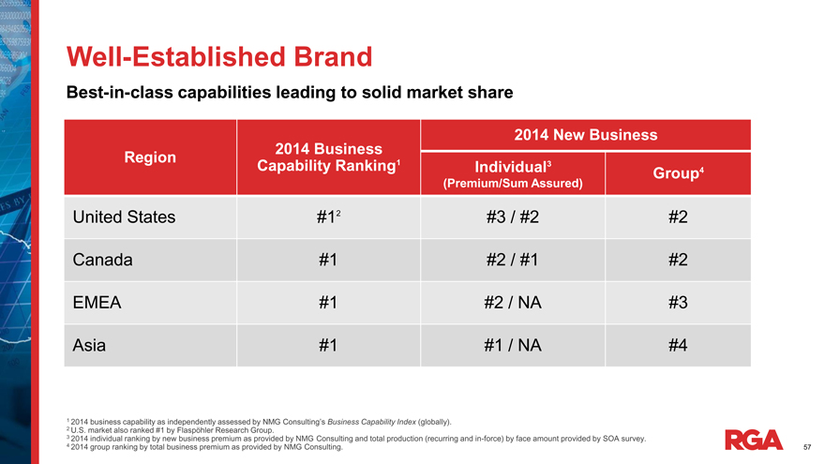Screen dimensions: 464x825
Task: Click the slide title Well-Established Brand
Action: tap(218, 56)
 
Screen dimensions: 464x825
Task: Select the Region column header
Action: tap(150, 157)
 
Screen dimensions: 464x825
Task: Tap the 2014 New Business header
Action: tap(585, 135)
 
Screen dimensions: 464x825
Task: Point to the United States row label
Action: tap(124, 217)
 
